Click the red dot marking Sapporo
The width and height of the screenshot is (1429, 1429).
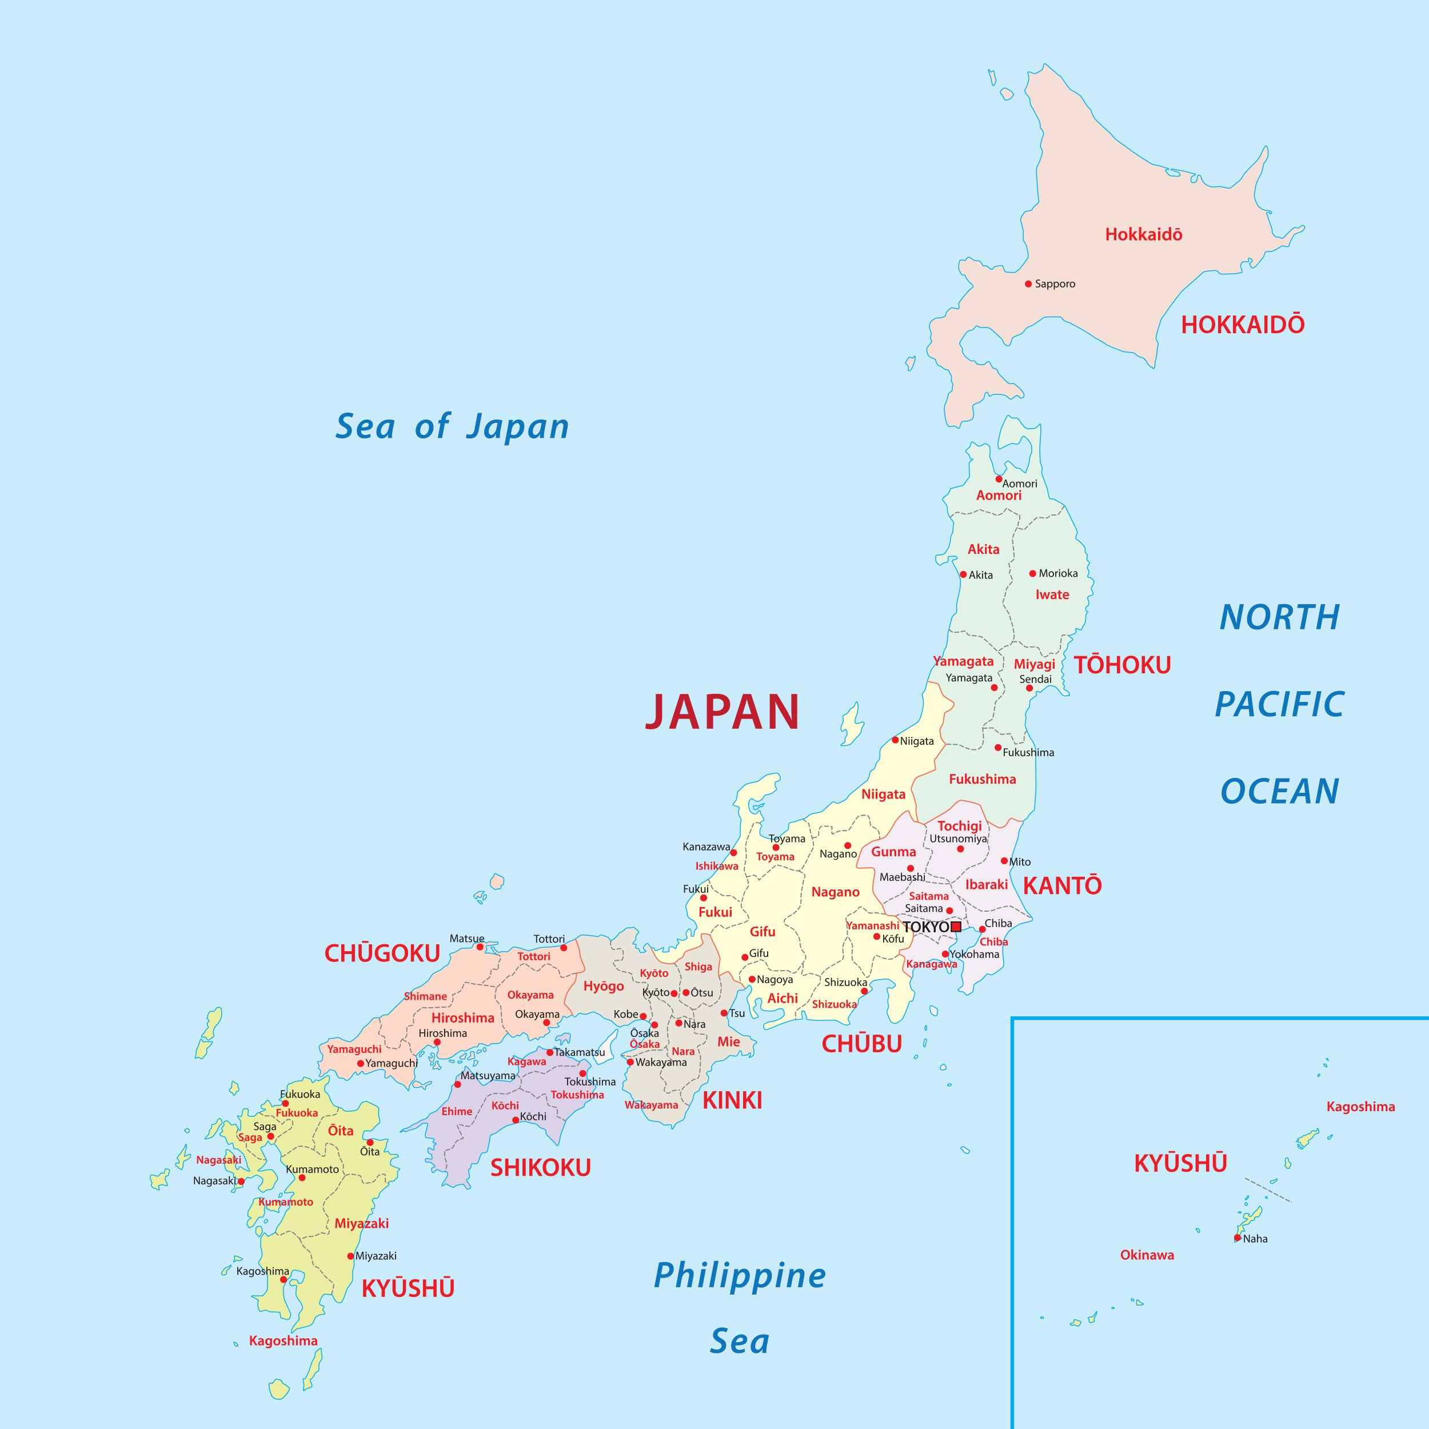coord(1028,284)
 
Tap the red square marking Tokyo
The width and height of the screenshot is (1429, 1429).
coord(956,927)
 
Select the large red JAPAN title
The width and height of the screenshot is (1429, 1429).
coord(723,712)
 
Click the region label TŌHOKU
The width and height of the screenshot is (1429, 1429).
coord(1122,665)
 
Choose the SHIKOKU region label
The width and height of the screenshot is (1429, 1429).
coord(541,1168)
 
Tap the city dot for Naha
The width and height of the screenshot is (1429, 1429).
coord(1238,1238)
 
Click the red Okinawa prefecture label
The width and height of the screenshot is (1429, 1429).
coord(1147,1255)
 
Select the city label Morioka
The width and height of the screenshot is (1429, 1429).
coord(1057,573)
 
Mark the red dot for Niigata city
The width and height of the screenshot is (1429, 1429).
coord(895,740)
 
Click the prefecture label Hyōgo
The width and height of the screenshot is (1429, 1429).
coord(604,986)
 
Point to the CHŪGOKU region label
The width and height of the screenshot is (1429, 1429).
coord(382,954)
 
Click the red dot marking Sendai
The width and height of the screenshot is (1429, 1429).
coord(1029,688)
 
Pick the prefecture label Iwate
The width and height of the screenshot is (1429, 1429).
coord(1052,594)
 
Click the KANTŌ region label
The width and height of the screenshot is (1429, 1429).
coord(1062,885)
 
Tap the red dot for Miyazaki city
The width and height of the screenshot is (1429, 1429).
coord(350,1256)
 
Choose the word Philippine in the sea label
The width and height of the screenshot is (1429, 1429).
coord(740,1276)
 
